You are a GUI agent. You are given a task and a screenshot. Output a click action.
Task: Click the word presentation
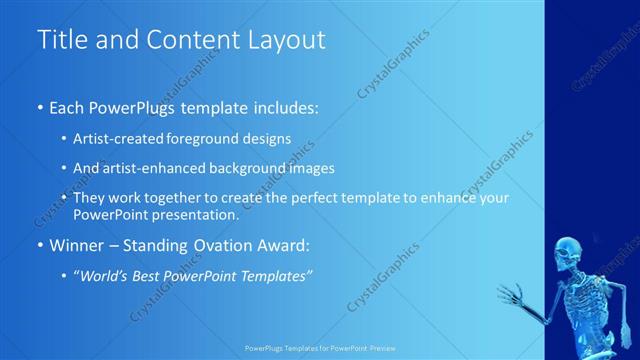point(201,214)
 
